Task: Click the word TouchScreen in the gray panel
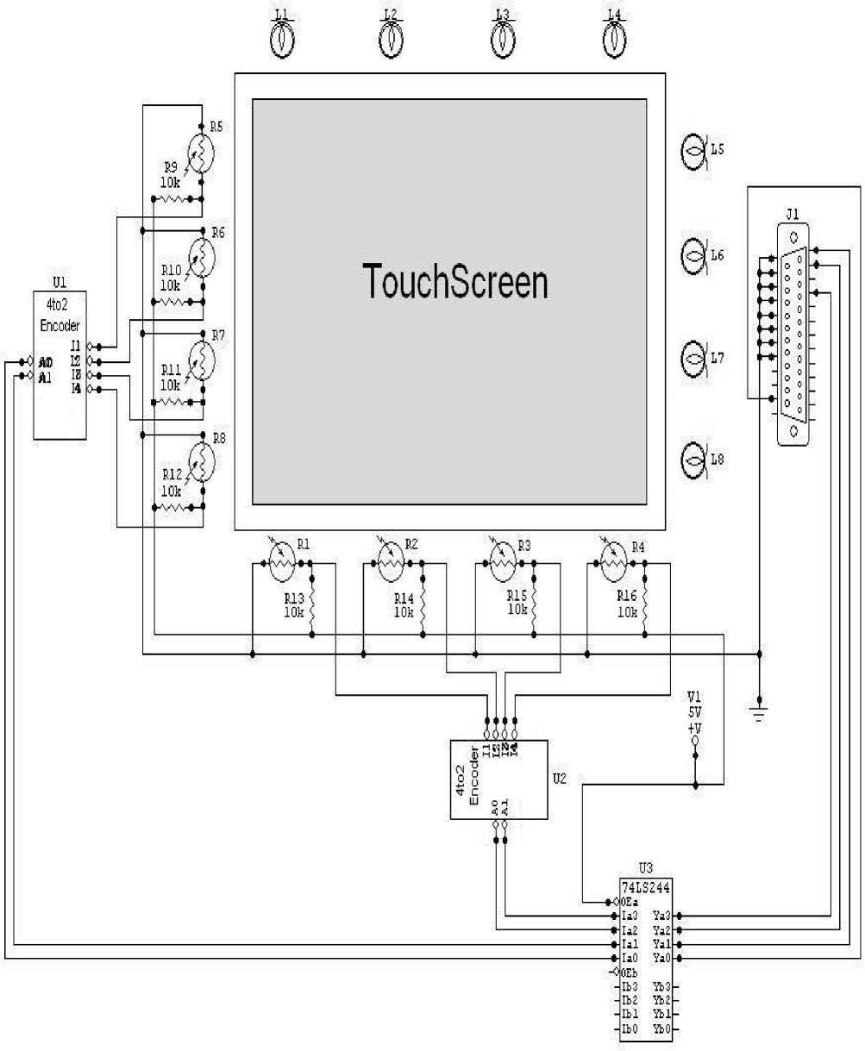coord(455,281)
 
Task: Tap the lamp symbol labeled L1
coord(282,39)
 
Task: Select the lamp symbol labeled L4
coord(612,39)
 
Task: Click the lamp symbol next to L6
coord(694,255)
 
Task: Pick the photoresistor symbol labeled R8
coord(200,462)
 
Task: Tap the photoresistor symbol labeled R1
coord(280,565)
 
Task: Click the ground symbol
coord(760,709)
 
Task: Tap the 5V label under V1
coord(694,712)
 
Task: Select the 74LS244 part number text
coord(646,885)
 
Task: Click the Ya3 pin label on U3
coord(661,915)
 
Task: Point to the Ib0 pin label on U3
coord(630,1029)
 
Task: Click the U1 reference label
coord(59,282)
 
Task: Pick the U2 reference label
coord(559,777)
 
